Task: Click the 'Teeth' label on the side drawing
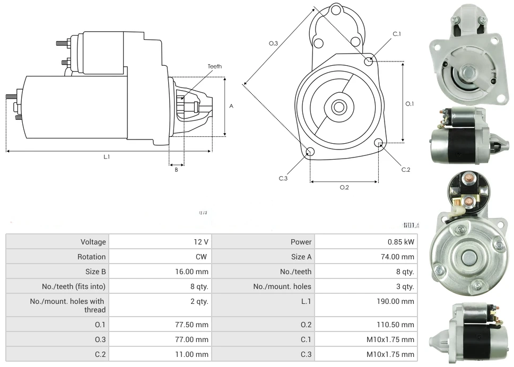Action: pos(214,67)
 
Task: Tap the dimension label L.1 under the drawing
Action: pos(107,157)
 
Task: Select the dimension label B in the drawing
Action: pos(176,170)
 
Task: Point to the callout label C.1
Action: pos(397,34)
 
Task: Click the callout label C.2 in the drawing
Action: pos(406,170)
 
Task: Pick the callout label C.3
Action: pos(283,178)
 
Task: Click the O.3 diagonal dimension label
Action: pos(274,43)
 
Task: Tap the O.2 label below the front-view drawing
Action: pos(344,187)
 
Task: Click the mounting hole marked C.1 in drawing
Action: pos(369,61)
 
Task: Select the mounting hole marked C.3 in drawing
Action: pos(310,153)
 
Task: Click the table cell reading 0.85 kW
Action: pos(400,242)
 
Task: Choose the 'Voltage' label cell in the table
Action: pos(93,242)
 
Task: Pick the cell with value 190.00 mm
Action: pos(393,301)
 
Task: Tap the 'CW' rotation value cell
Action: pos(202,257)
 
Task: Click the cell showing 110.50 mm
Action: pos(393,325)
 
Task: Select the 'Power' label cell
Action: pos(301,242)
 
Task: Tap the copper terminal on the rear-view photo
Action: pos(469,200)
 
